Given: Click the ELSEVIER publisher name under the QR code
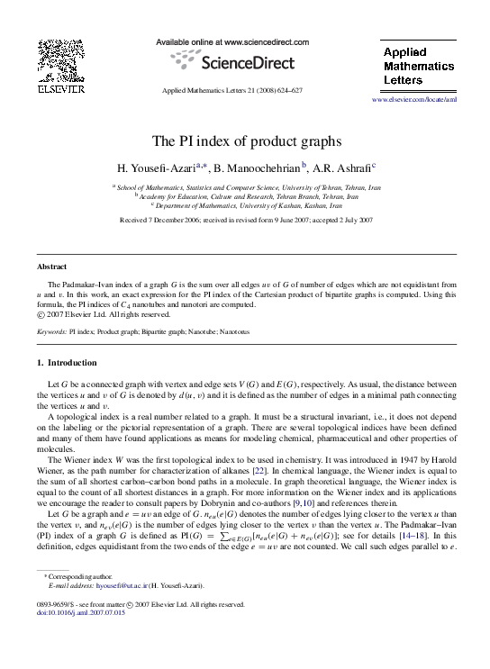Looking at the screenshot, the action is [x=60, y=90].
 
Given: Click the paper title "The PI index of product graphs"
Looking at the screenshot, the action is [x=245, y=140].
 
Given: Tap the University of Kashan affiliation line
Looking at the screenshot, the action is [x=245, y=204].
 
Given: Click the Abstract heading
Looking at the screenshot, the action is [x=51, y=267].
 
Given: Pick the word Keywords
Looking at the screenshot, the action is [x=50, y=331].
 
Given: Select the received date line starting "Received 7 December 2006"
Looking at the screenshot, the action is [x=245, y=219].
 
